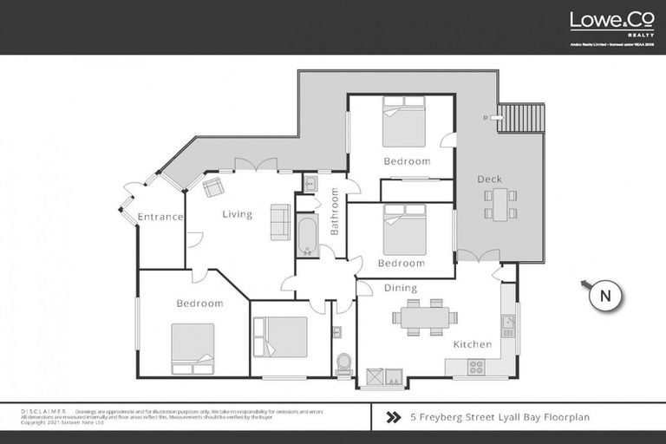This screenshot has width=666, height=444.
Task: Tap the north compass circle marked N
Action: (605, 296)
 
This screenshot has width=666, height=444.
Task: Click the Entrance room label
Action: (160, 217)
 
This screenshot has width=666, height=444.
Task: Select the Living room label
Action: (237, 214)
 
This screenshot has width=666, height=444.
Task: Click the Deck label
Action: (489, 180)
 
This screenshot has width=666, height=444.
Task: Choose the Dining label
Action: (400, 288)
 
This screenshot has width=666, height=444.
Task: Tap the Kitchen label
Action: (473, 344)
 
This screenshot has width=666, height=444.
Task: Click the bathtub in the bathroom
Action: (307, 235)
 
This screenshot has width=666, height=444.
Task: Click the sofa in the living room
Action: (280, 221)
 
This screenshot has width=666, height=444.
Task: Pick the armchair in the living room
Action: (212, 187)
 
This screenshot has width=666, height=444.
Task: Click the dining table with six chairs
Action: (424, 317)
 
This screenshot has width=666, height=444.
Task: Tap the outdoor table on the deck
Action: (501, 205)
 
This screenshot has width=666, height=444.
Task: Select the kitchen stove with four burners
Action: (476, 366)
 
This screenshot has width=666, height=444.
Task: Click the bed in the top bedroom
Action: (404, 126)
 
